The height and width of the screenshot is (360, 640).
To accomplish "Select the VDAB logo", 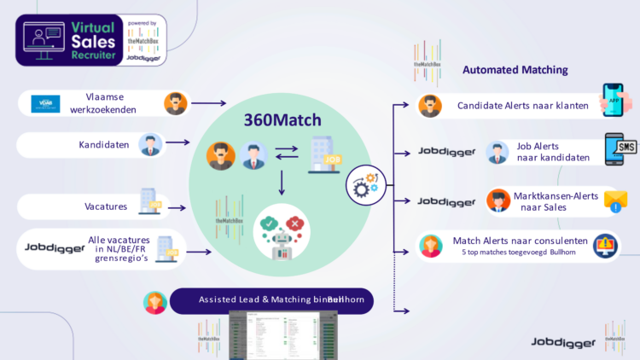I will pyautogui.click(x=42, y=104).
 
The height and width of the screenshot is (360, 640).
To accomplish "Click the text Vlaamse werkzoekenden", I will pyautogui.click(x=109, y=104).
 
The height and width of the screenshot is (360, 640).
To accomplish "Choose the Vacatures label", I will pyautogui.click(x=107, y=206).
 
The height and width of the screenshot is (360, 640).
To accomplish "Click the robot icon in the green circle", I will pyautogui.click(x=282, y=233).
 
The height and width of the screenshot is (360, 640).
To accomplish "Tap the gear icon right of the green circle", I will pyautogui.click(x=364, y=182).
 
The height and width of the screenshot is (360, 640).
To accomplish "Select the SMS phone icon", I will pyautogui.click(x=620, y=149).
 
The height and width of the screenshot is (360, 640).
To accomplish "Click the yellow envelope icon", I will pyautogui.click(x=615, y=200).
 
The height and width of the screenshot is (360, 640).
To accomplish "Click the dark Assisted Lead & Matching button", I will pyautogui.click(x=271, y=300).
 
